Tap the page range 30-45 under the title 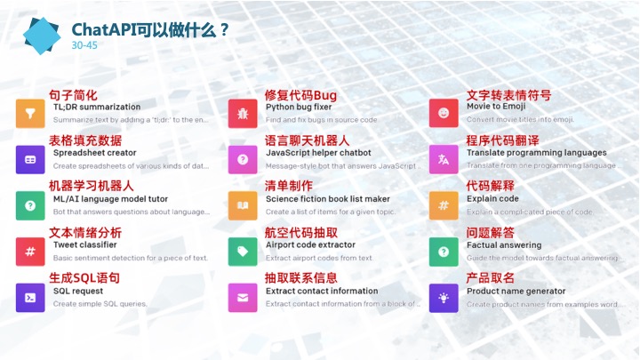pyautogui.click(x=84, y=45)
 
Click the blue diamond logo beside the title pyautogui.click(x=41, y=34)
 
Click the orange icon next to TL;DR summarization pyautogui.click(x=30, y=113)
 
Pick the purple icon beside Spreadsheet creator pyautogui.click(x=30, y=159)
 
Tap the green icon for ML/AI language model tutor pyautogui.click(x=30, y=205)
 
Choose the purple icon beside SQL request pyautogui.click(x=30, y=298)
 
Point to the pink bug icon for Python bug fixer pyautogui.click(x=243, y=113)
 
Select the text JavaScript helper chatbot pyautogui.click(x=318, y=153)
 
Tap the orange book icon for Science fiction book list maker pyautogui.click(x=243, y=205)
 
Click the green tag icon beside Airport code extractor pyautogui.click(x=243, y=252)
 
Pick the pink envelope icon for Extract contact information pyautogui.click(x=243, y=298)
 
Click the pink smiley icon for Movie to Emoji pyautogui.click(x=444, y=113)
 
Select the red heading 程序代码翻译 pyautogui.click(x=502, y=140)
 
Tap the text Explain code pyautogui.click(x=492, y=199)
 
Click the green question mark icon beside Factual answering pyautogui.click(x=444, y=252)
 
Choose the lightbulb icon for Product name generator pyautogui.click(x=444, y=298)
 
